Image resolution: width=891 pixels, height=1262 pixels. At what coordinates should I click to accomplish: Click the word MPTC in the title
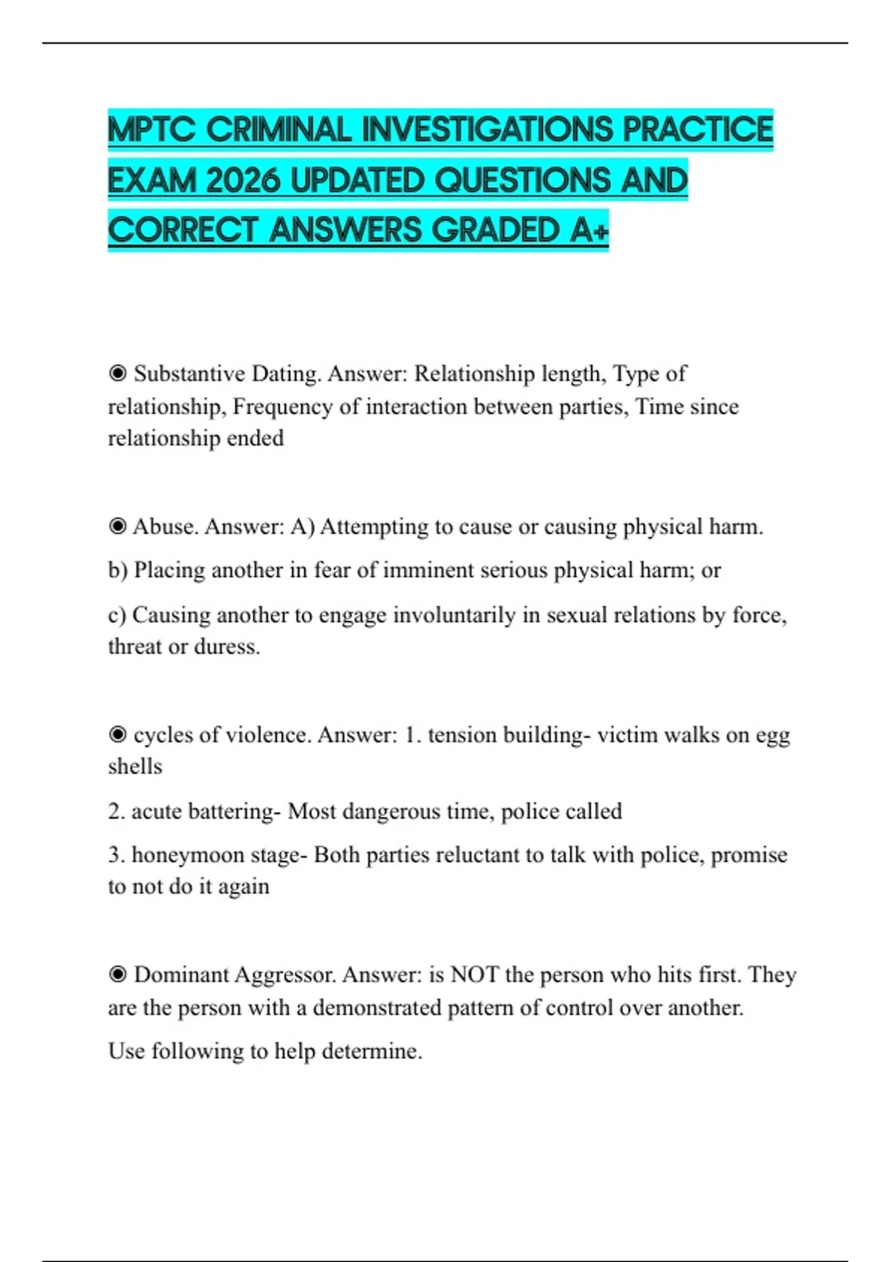click(151, 130)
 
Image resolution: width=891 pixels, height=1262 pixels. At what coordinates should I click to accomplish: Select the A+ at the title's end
click(590, 230)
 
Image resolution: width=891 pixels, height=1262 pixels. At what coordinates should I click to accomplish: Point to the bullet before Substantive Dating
click(117, 373)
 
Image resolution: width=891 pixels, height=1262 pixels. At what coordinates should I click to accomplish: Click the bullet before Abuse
click(117, 526)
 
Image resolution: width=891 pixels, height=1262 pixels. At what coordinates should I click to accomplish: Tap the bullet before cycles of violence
click(117, 734)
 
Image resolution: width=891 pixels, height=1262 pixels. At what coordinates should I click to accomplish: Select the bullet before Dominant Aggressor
click(117, 974)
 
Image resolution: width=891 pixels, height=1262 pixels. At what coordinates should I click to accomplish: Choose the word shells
click(135, 766)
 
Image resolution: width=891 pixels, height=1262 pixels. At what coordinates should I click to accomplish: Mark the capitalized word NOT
click(474, 974)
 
